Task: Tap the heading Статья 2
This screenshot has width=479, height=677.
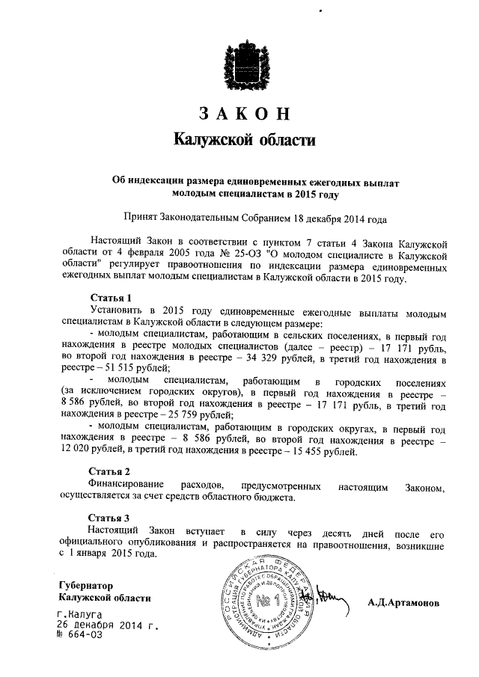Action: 110,472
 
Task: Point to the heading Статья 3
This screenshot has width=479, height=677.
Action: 110,517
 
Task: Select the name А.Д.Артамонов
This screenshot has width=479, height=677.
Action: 403,603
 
